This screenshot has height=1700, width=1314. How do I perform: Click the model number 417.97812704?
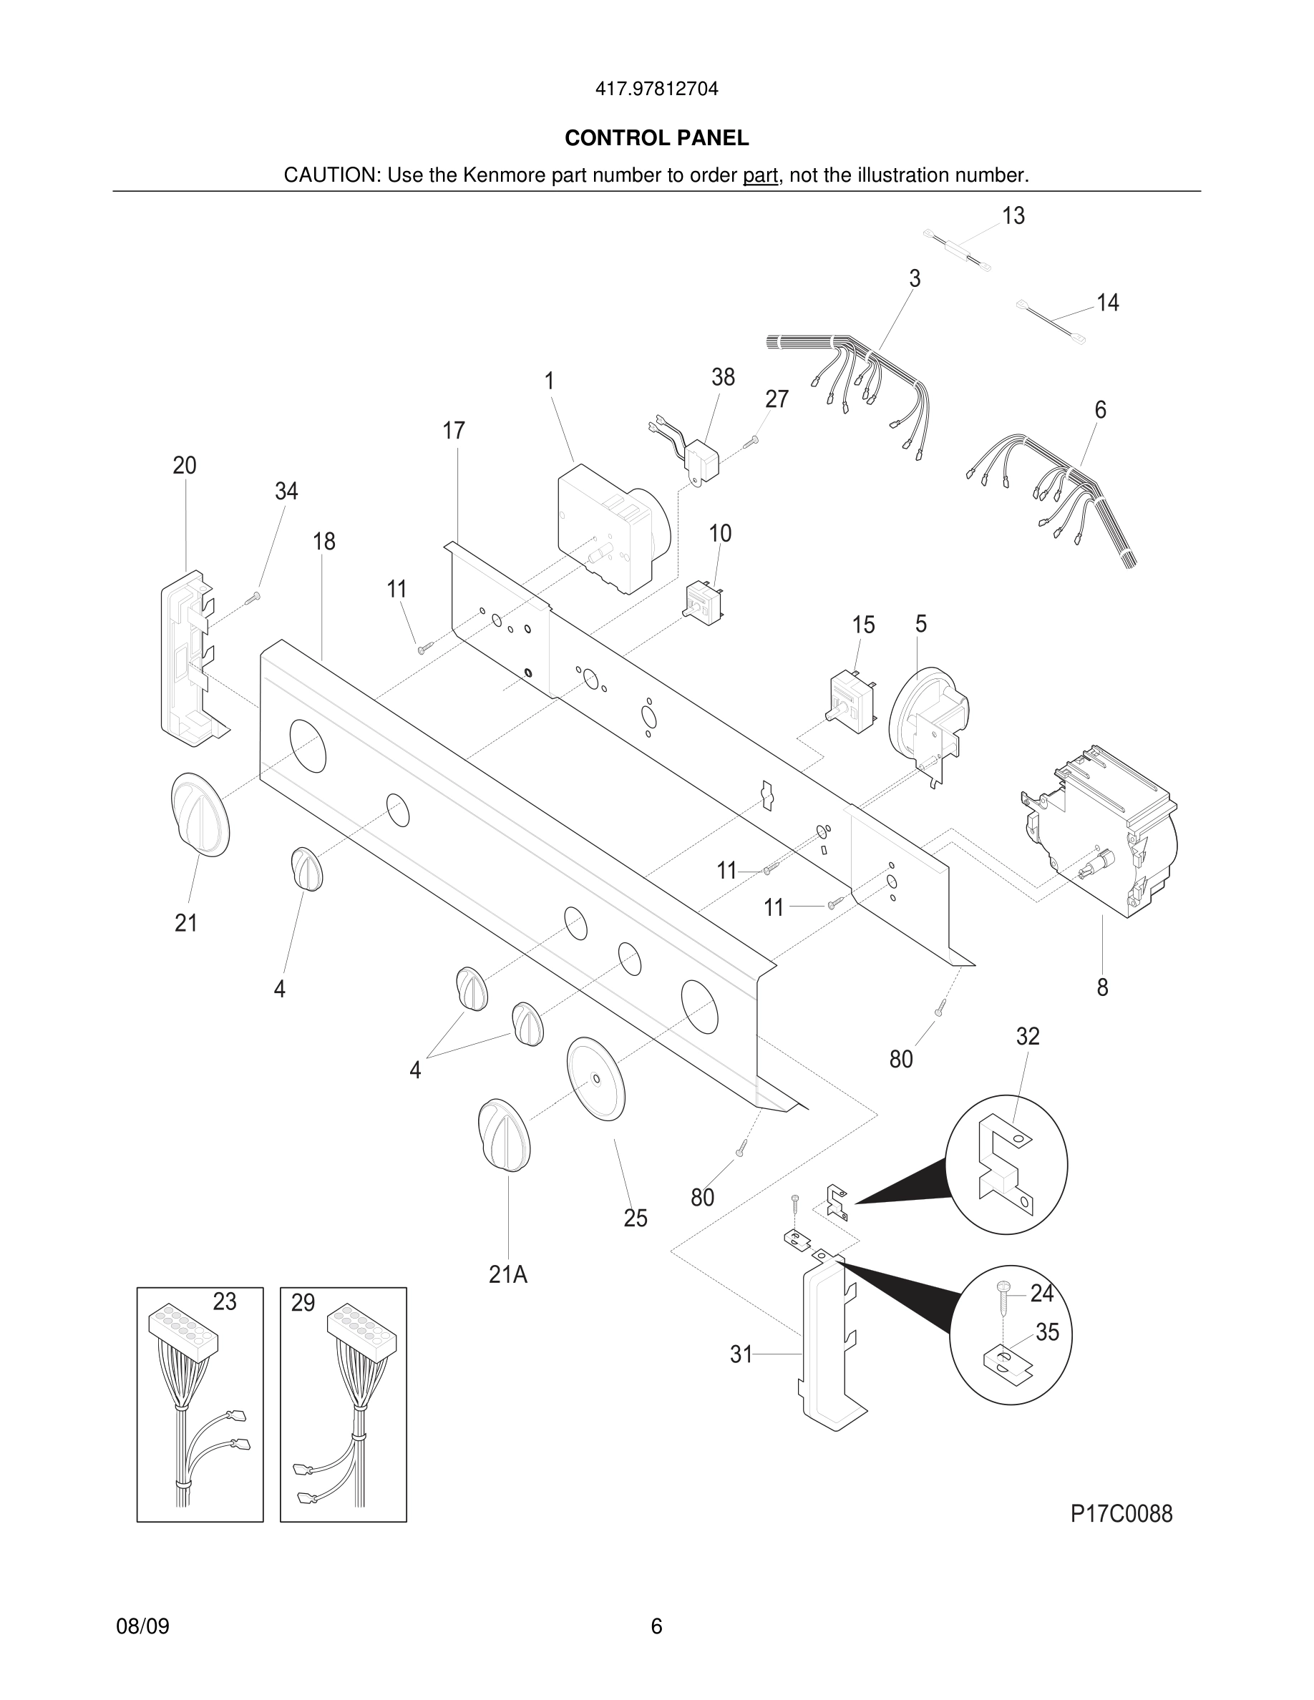[656, 89]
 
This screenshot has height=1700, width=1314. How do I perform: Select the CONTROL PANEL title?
[656, 139]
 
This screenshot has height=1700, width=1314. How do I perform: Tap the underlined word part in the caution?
[760, 176]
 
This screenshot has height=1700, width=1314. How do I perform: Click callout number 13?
[1013, 215]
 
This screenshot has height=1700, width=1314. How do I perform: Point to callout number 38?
[722, 378]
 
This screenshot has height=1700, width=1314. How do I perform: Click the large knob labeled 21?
[200, 815]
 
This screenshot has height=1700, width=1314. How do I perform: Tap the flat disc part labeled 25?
[596, 1079]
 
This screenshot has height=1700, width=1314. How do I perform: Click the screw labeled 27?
[751, 441]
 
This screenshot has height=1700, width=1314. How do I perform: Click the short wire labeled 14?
[1051, 321]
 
